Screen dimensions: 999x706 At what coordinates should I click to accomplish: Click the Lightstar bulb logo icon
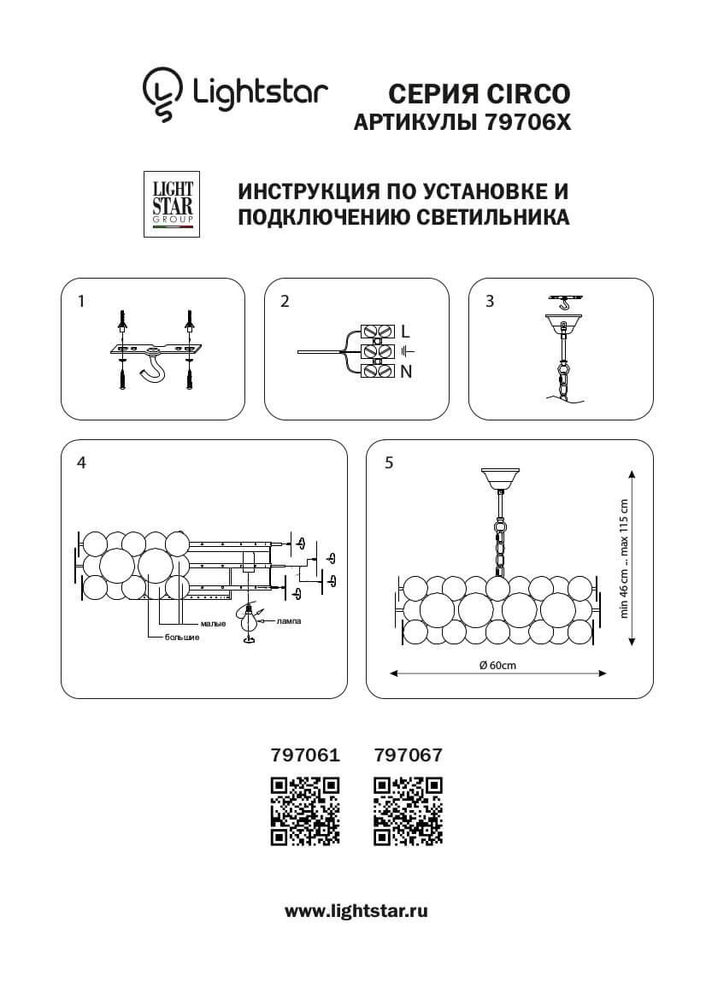click(162, 92)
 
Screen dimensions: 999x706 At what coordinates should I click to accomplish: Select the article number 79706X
click(520, 123)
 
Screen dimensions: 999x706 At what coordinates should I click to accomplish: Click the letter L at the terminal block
click(405, 331)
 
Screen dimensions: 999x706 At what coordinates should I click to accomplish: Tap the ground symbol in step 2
click(408, 350)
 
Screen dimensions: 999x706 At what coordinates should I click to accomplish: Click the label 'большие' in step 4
click(182, 638)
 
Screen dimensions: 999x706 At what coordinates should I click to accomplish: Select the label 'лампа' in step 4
click(290, 621)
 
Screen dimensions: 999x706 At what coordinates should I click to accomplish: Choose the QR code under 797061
click(305, 811)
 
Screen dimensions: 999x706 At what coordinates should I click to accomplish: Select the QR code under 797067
click(409, 811)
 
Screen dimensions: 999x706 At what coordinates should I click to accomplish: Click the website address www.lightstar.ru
click(356, 911)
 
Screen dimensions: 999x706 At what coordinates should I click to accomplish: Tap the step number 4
click(81, 462)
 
